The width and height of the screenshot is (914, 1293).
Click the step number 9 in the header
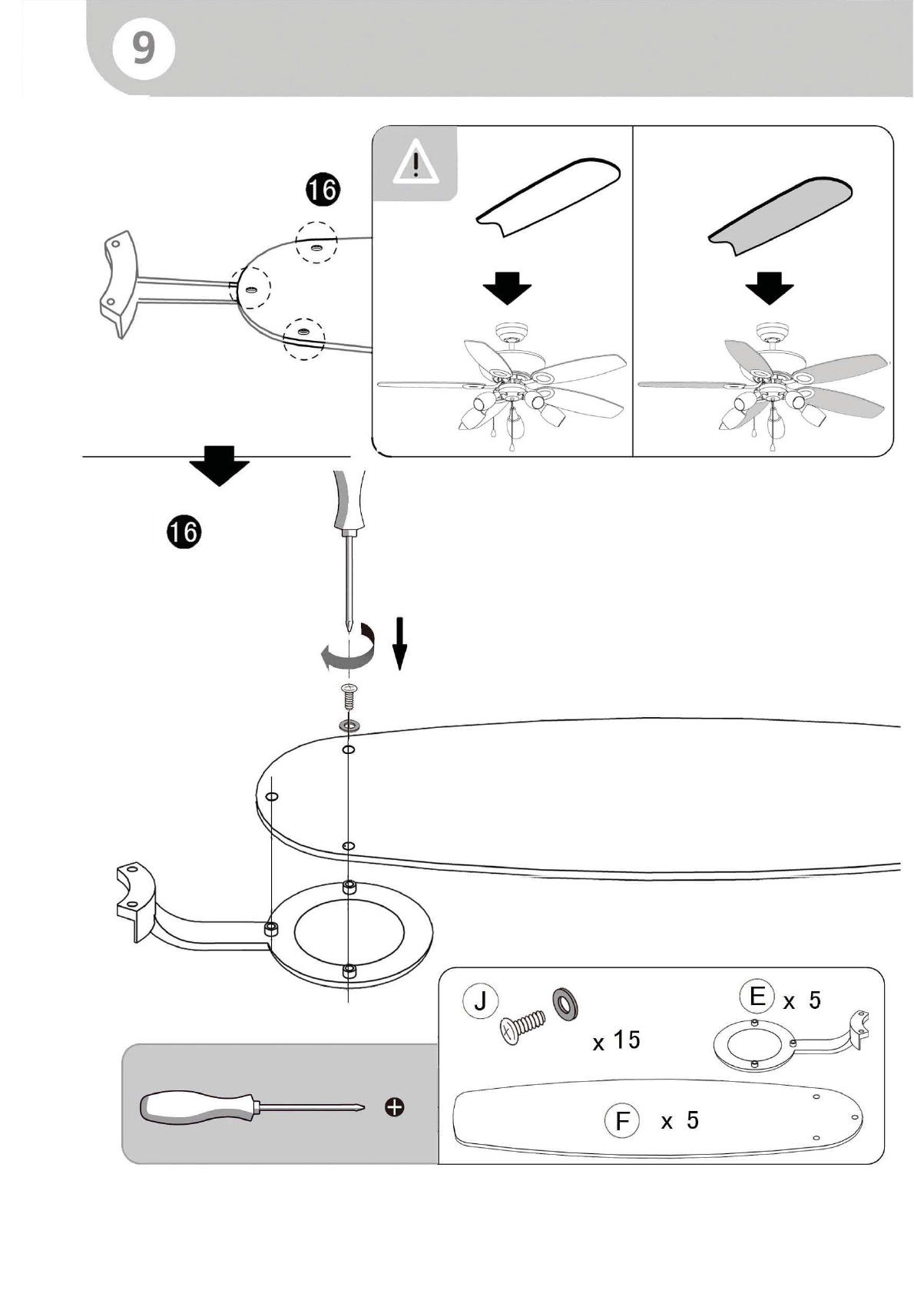[144, 48]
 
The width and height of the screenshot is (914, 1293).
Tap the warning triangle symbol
[416, 164]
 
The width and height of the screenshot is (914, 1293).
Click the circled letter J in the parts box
[480, 1000]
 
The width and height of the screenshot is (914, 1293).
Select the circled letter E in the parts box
[757, 997]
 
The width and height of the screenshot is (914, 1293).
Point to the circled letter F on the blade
[622, 1121]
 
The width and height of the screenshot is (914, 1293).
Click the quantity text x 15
[617, 1040]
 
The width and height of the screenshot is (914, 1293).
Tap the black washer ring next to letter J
[565, 1004]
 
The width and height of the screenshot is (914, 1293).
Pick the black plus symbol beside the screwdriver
[395, 1108]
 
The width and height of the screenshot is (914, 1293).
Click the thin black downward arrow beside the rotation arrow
[399, 643]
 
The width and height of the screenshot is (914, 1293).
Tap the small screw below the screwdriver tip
[349, 696]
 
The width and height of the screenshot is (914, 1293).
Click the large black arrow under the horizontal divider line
[219, 466]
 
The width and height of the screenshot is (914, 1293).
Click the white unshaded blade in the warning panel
[548, 197]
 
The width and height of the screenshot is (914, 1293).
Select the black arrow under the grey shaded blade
[769, 287]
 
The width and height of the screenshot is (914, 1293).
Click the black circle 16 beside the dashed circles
[323, 190]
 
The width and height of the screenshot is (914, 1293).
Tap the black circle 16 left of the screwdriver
[184, 531]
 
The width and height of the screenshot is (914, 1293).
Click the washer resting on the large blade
[349, 725]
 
